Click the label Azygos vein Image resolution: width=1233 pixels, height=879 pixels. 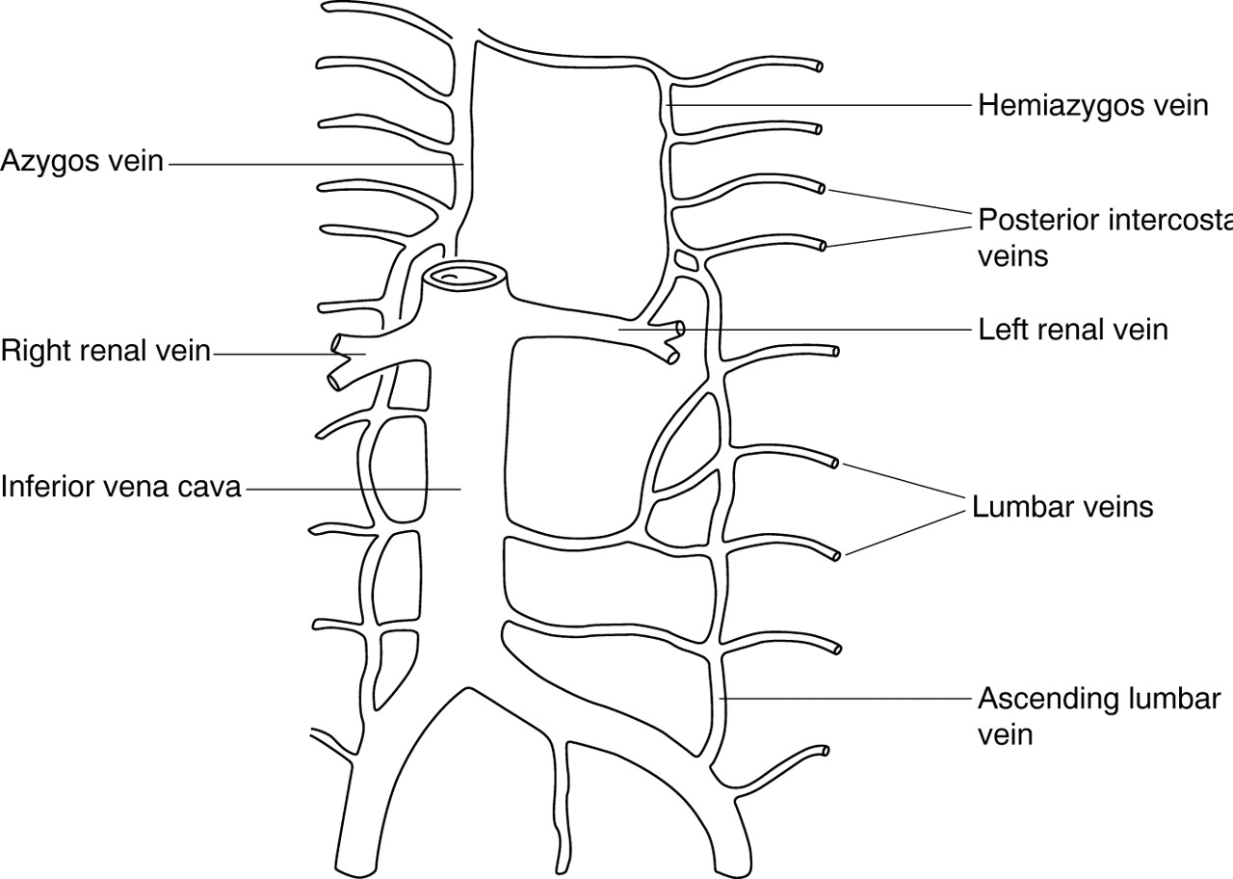(82, 161)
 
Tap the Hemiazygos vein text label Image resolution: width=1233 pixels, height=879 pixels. (1092, 104)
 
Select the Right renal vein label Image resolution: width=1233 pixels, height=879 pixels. (105, 351)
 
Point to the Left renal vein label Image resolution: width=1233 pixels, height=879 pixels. (1072, 330)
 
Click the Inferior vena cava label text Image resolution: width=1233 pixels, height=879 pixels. (120, 486)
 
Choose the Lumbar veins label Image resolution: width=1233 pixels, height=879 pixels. (1062, 506)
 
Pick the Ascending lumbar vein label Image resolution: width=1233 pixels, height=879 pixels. (1099, 715)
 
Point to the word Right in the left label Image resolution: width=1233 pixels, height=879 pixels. (35, 351)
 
